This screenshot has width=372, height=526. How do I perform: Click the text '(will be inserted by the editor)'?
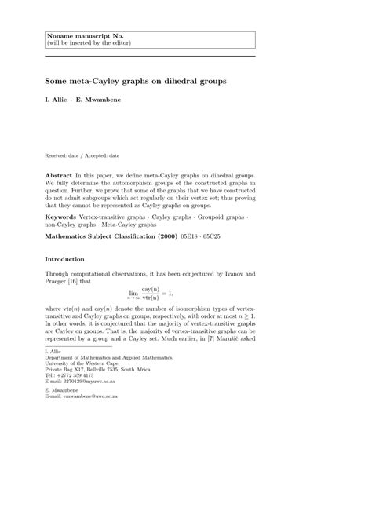click(88, 44)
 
